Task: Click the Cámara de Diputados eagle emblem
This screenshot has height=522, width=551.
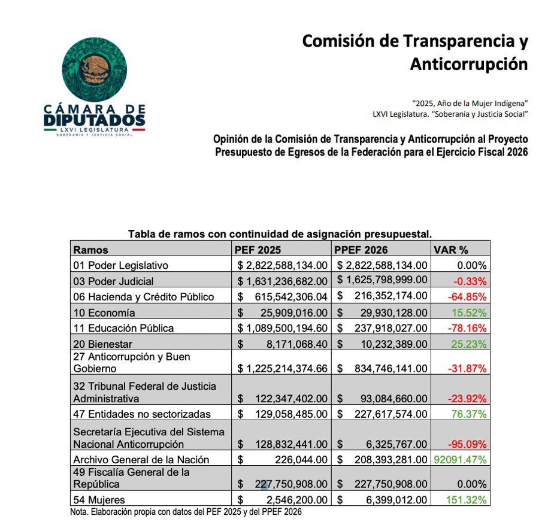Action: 95,68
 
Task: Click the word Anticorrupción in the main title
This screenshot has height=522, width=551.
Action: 468,64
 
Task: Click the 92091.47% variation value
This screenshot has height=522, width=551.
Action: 460,460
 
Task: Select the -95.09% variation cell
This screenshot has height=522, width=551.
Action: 468,444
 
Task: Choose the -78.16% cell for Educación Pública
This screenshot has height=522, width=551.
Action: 468,328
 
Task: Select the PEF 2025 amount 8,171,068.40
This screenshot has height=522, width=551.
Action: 295,344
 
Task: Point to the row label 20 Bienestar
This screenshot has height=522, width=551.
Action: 102,344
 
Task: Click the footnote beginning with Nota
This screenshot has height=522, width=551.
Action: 186,512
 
